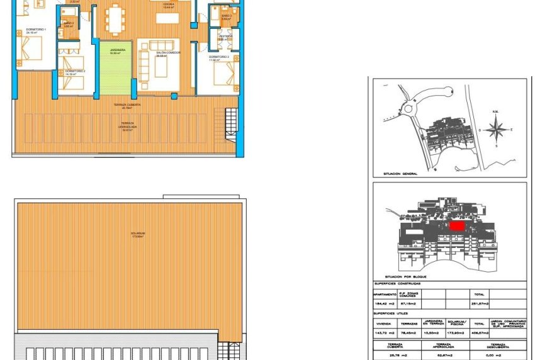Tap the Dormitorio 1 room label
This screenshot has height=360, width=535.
click(26, 30)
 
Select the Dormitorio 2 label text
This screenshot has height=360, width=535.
click(75, 71)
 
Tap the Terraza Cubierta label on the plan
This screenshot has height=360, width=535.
click(127, 104)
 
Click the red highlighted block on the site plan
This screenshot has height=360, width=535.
click(456, 225)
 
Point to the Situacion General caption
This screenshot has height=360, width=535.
click(400, 173)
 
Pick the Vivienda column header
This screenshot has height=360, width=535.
click(383, 323)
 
